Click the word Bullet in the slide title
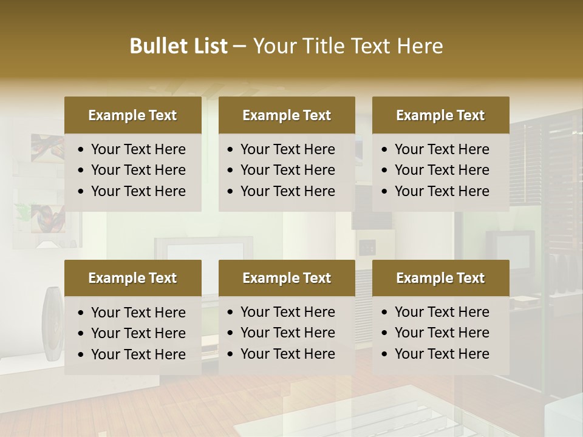153,46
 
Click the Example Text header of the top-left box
132,115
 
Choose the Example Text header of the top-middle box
287,115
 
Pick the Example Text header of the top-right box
440,115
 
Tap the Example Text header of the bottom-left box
132,278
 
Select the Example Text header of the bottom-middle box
287,278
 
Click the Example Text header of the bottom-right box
440,278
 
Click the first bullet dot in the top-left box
81,150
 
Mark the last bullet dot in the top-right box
385,192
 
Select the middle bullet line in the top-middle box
287,170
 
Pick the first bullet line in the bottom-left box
138,313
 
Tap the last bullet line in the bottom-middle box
287,354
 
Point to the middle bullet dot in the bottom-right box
385,333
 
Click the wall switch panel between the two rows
367,247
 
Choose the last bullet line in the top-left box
138,191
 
